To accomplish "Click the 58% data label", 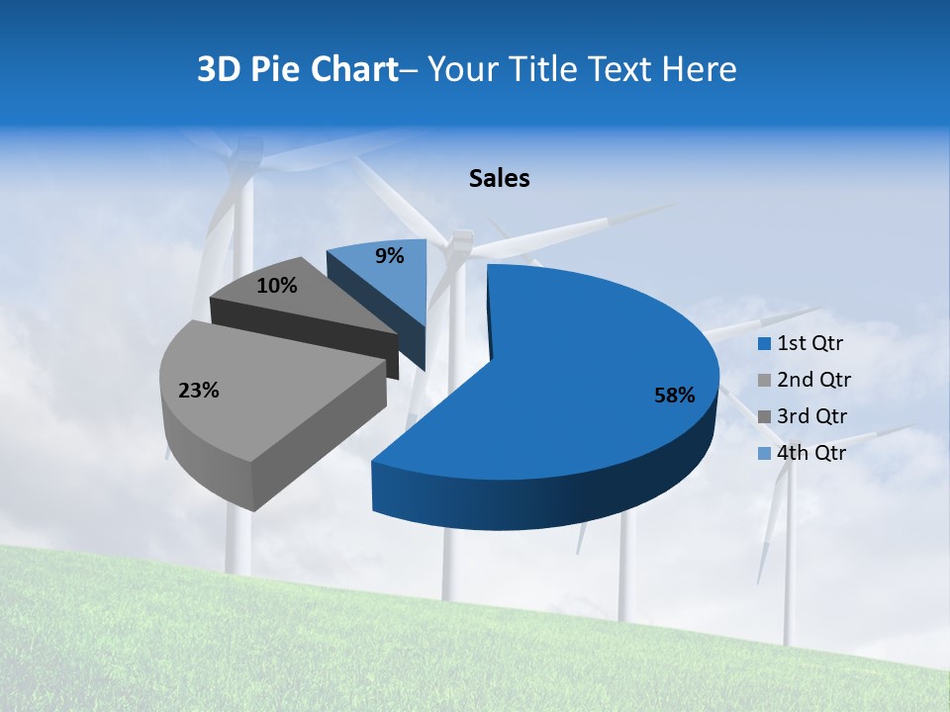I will click(674, 396).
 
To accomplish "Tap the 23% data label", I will click(198, 391).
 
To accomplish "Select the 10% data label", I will click(276, 286).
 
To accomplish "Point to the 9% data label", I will click(390, 256).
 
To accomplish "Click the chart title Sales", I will click(500, 178).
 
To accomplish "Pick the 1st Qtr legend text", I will click(809, 344).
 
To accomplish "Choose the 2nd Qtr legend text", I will click(813, 380).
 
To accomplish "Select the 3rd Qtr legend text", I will click(811, 416).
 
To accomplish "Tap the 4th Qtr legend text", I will click(811, 453).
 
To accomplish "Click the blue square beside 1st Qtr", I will click(764, 344).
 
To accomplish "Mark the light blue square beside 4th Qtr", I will click(764, 453).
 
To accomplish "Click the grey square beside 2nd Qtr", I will click(764, 380).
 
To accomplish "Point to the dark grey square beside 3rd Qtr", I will click(764, 416).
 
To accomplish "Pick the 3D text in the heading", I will click(218, 69).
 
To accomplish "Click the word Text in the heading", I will click(621, 69).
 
